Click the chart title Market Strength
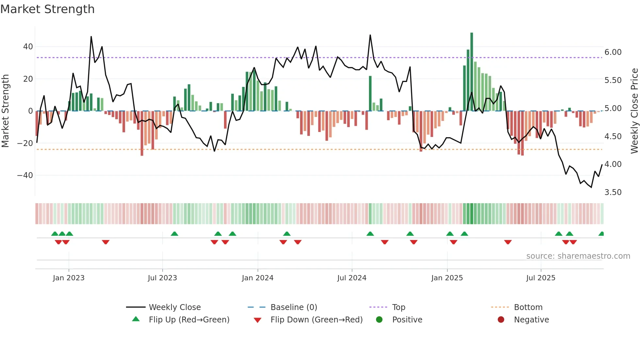(47, 9)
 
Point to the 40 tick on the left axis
(28, 47)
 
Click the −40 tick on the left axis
(25, 175)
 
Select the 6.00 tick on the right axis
(613, 52)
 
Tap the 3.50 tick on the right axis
(613, 192)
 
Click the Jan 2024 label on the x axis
(257, 278)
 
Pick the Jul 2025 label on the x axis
(540, 278)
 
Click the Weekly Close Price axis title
(634, 111)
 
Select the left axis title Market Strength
(5, 111)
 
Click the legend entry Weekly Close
(175, 307)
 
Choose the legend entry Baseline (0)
(294, 307)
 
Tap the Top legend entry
(398, 307)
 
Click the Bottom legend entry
(528, 307)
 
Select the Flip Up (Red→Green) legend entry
(189, 320)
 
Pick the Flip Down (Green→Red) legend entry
(316, 320)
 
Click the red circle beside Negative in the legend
(501, 319)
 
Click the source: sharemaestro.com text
(578, 256)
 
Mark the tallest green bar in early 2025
(472, 72)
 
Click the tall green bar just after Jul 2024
(370, 93)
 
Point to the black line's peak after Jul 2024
(370, 35)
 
